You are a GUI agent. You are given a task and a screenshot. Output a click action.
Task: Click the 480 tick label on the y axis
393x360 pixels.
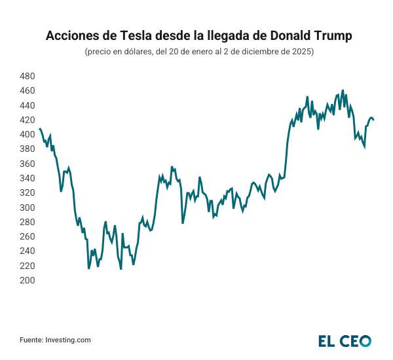tap(27, 76)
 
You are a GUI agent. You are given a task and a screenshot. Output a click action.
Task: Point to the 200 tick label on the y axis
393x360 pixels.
tap(27, 280)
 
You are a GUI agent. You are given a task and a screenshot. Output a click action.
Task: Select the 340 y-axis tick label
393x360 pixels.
tap(27, 178)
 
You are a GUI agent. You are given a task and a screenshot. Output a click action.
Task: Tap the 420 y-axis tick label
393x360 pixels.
tap(27, 120)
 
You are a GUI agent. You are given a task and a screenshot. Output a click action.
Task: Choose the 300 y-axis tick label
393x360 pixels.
tap(27, 207)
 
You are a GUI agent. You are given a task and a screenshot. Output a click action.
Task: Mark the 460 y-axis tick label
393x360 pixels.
tap(27, 90)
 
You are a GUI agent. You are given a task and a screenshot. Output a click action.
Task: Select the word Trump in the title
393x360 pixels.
tap(330, 35)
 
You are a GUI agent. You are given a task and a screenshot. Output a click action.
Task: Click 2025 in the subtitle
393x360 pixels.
tap(303, 52)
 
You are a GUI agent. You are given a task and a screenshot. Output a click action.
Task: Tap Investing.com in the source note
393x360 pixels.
tap(68, 340)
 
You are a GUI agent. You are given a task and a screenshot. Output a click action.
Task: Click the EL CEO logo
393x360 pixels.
tap(345, 340)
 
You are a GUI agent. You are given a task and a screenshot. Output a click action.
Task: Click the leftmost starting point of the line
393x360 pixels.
tap(39, 129)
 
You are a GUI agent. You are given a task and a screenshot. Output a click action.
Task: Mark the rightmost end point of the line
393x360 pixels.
tap(373, 120)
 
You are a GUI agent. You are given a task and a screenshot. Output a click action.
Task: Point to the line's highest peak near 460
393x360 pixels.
tap(343, 91)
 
